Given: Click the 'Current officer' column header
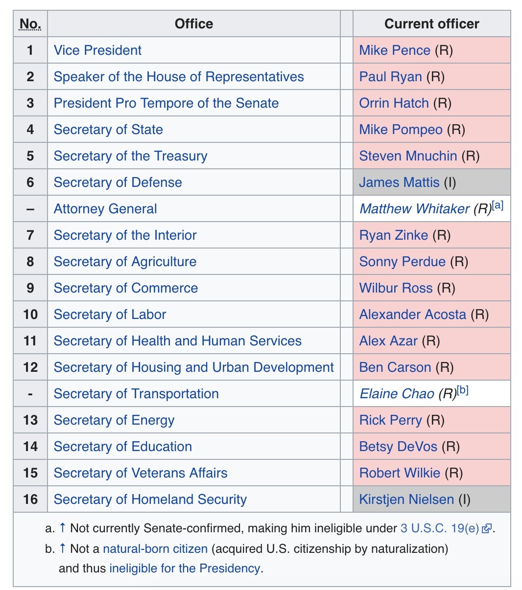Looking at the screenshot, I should click(431, 24).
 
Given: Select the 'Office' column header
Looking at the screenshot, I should click(194, 24).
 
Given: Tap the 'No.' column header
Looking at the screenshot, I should click(30, 24).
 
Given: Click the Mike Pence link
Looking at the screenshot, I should click(394, 50).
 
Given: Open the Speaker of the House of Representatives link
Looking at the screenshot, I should click(179, 77).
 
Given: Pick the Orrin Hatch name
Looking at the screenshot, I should click(394, 103).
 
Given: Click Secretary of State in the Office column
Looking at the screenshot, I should click(108, 130).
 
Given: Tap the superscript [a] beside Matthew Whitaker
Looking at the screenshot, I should click(498, 205).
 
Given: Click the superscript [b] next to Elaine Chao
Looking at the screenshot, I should click(463, 390).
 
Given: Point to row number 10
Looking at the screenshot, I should click(30, 315).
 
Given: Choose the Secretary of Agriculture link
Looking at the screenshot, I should click(125, 262).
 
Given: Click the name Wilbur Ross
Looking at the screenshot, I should click(396, 288).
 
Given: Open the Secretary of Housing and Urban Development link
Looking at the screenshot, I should click(193, 367).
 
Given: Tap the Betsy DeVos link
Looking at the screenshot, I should click(398, 447).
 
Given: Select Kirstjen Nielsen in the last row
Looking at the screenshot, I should click(406, 499).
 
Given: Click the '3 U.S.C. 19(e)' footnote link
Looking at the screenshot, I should click(439, 528).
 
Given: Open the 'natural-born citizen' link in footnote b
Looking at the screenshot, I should click(155, 549).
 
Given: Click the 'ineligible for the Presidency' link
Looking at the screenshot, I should click(185, 568).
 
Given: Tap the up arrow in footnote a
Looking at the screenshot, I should click(62, 528).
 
